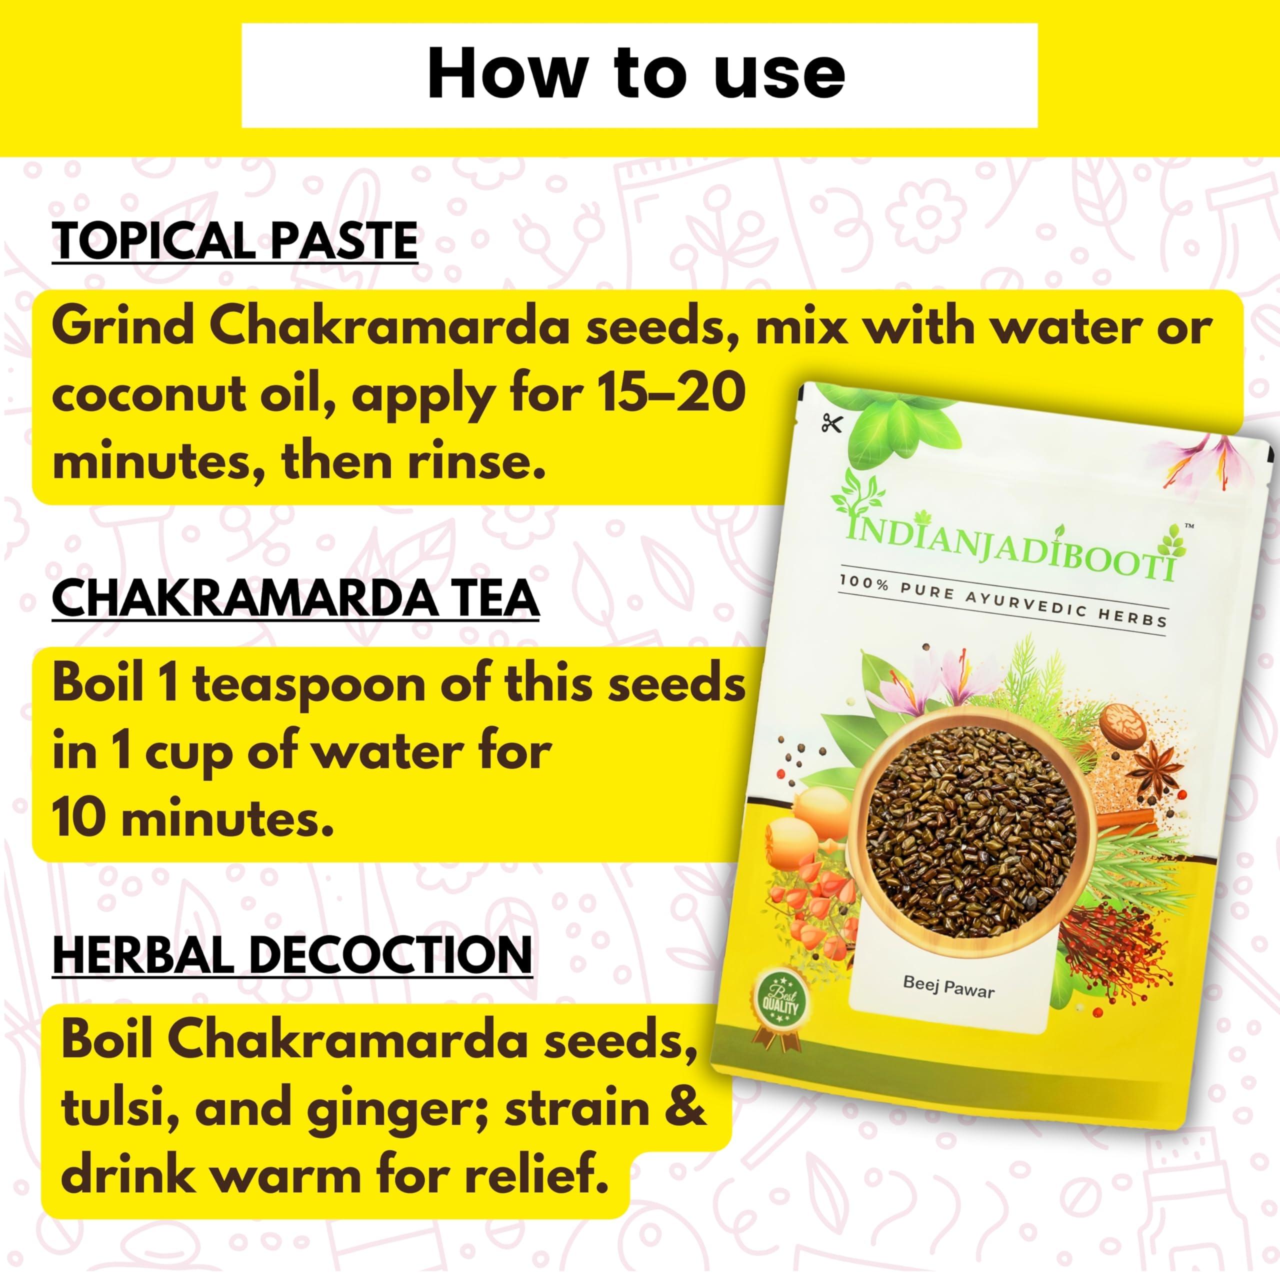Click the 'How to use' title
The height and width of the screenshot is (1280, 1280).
click(x=636, y=74)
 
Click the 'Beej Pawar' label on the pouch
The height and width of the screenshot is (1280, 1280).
click(x=948, y=988)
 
